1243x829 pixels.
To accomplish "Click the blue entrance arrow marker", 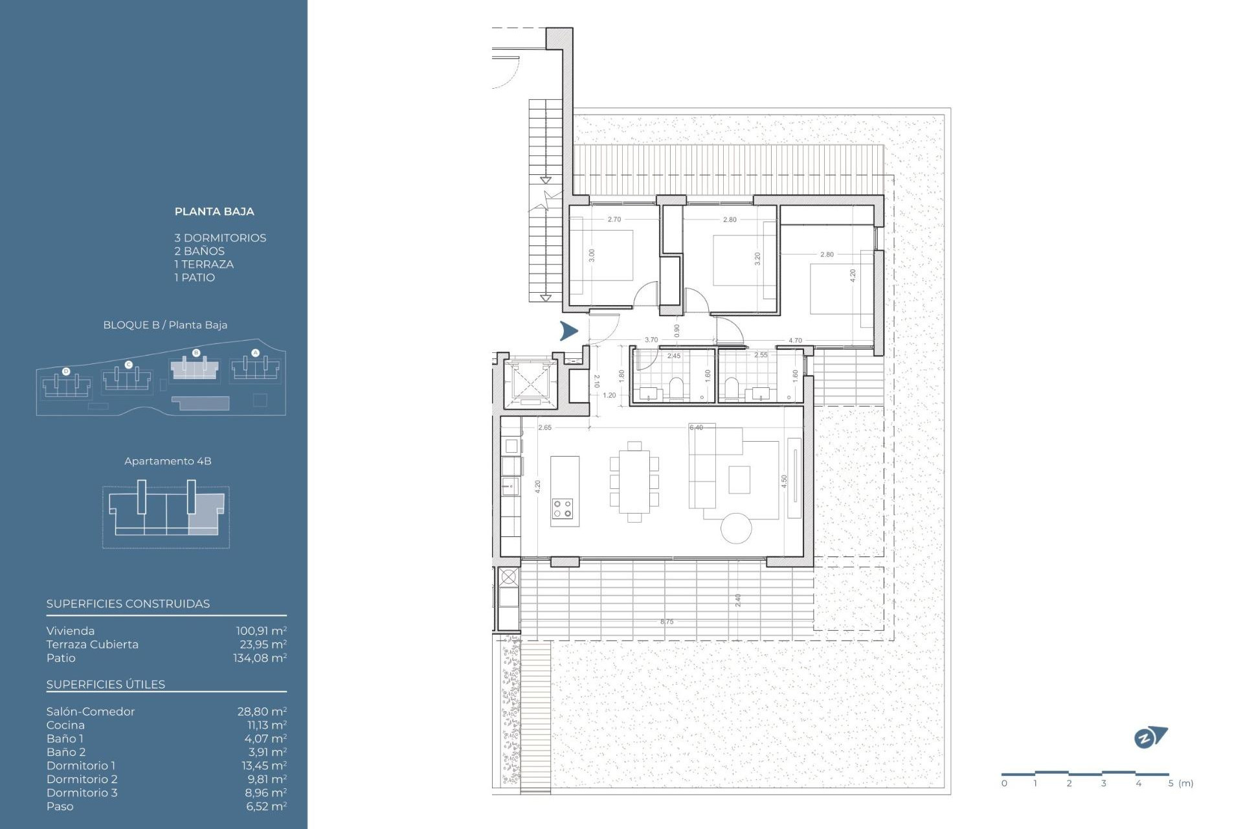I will coord(568,331).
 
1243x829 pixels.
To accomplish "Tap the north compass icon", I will coord(1150,738).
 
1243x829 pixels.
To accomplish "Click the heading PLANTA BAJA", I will coord(214,212).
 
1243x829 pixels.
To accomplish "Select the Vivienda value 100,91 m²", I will coord(261,631).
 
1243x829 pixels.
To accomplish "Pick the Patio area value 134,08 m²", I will coord(260,658).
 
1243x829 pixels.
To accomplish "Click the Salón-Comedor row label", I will coord(91,712).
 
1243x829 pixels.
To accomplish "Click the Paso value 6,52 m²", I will coord(266,806).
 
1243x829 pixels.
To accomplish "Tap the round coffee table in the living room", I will coord(736,528).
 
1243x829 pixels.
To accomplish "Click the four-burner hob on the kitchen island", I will coord(563,508).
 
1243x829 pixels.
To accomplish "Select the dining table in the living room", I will coord(634,481).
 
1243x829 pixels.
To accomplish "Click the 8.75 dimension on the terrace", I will coord(667,622).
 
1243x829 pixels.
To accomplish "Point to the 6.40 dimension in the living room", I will coord(696,428).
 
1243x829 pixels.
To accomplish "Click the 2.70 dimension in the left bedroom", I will coord(614,220).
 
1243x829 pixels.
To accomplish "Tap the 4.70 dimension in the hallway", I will coord(795,341).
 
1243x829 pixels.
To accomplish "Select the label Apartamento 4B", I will coord(168,461).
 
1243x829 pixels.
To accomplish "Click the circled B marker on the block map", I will coord(196,353).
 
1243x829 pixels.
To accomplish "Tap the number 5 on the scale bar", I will coord(1170,784).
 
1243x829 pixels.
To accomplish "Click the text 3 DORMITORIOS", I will coord(220,238).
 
